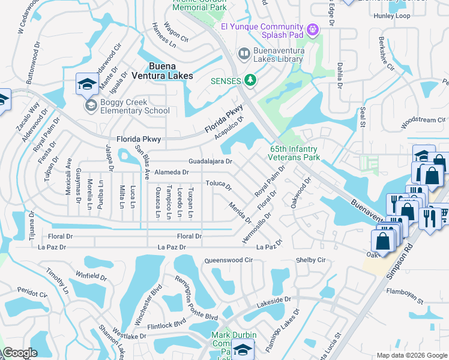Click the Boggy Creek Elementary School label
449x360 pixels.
coord(134,106)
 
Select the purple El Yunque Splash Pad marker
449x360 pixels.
coord(312,28)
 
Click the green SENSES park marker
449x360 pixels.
coord(251,80)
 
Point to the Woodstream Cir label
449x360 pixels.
coord(423,121)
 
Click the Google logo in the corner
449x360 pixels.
coord(20,353)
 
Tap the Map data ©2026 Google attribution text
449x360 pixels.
coord(411,355)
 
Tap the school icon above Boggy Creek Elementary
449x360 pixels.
coord(87,85)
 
